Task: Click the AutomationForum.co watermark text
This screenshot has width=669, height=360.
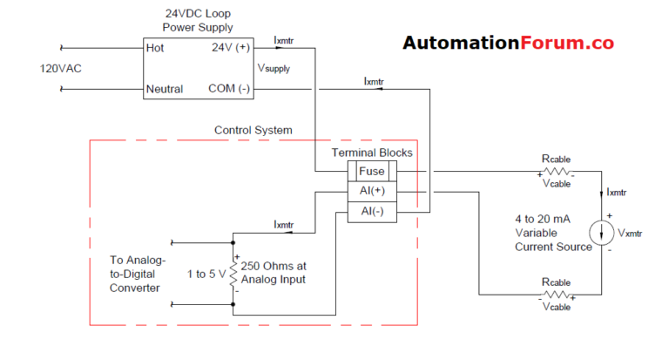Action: click(x=508, y=43)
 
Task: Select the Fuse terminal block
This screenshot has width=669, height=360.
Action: click(x=371, y=172)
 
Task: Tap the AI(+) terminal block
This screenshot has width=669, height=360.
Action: click(x=371, y=191)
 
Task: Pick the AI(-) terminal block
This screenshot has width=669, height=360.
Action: click(x=371, y=211)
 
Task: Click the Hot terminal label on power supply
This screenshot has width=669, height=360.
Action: click(x=154, y=48)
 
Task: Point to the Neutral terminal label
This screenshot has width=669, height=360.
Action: click(x=166, y=89)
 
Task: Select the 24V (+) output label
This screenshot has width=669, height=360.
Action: click(x=231, y=48)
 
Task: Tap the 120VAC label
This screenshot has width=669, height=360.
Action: click(x=62, y=68)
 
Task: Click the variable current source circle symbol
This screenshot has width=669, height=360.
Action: click(x=602, y=233)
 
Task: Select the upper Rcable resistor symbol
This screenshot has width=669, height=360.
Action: click(x=557, y=172)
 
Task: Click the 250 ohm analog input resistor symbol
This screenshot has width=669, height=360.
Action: click(x=234, y=272)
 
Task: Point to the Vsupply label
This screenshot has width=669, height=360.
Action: click(x=275, y=68)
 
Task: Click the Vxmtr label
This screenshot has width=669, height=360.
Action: click(x=632, y=234)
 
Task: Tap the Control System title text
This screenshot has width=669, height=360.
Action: click(x=253, y=131)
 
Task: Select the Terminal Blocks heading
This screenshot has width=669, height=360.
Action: click(x=372, y=153)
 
